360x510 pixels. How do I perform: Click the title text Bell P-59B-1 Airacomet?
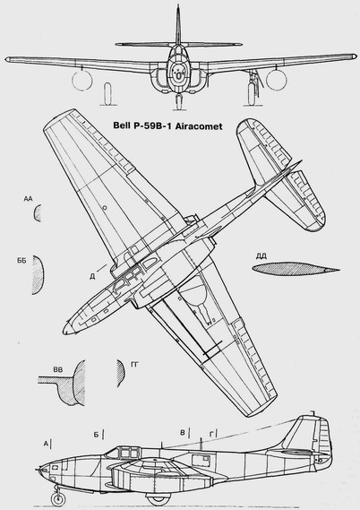(x=167, y=125)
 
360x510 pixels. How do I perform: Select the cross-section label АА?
(x=29, y=199)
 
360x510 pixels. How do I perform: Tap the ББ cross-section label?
(x=21, y=261)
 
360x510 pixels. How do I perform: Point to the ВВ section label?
(x=58, y=369)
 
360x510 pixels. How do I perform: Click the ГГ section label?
(x=134, y=365)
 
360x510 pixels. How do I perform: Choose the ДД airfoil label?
(x=261, y=256)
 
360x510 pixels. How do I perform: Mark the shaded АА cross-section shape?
(x=38, y=213)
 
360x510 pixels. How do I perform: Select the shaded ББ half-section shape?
(x=38, y=275)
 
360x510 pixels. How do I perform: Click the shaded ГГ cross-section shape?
(x=121, y=373)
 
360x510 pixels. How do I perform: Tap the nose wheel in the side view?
(x=58, y=499)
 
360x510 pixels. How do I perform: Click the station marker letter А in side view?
(x=47, y=443)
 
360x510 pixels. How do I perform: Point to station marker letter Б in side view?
(x=96, y=435)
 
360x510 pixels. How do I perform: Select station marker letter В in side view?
(x=183, y=433)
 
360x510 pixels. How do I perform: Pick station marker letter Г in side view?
(x=211, y=434)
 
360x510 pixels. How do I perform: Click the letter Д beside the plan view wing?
(x=92, y=276)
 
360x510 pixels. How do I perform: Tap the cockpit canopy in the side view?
(x=125, y=452)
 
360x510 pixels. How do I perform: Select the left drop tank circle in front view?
(x=81, y=80)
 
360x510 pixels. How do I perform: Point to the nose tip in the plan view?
(x=64, y=331)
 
